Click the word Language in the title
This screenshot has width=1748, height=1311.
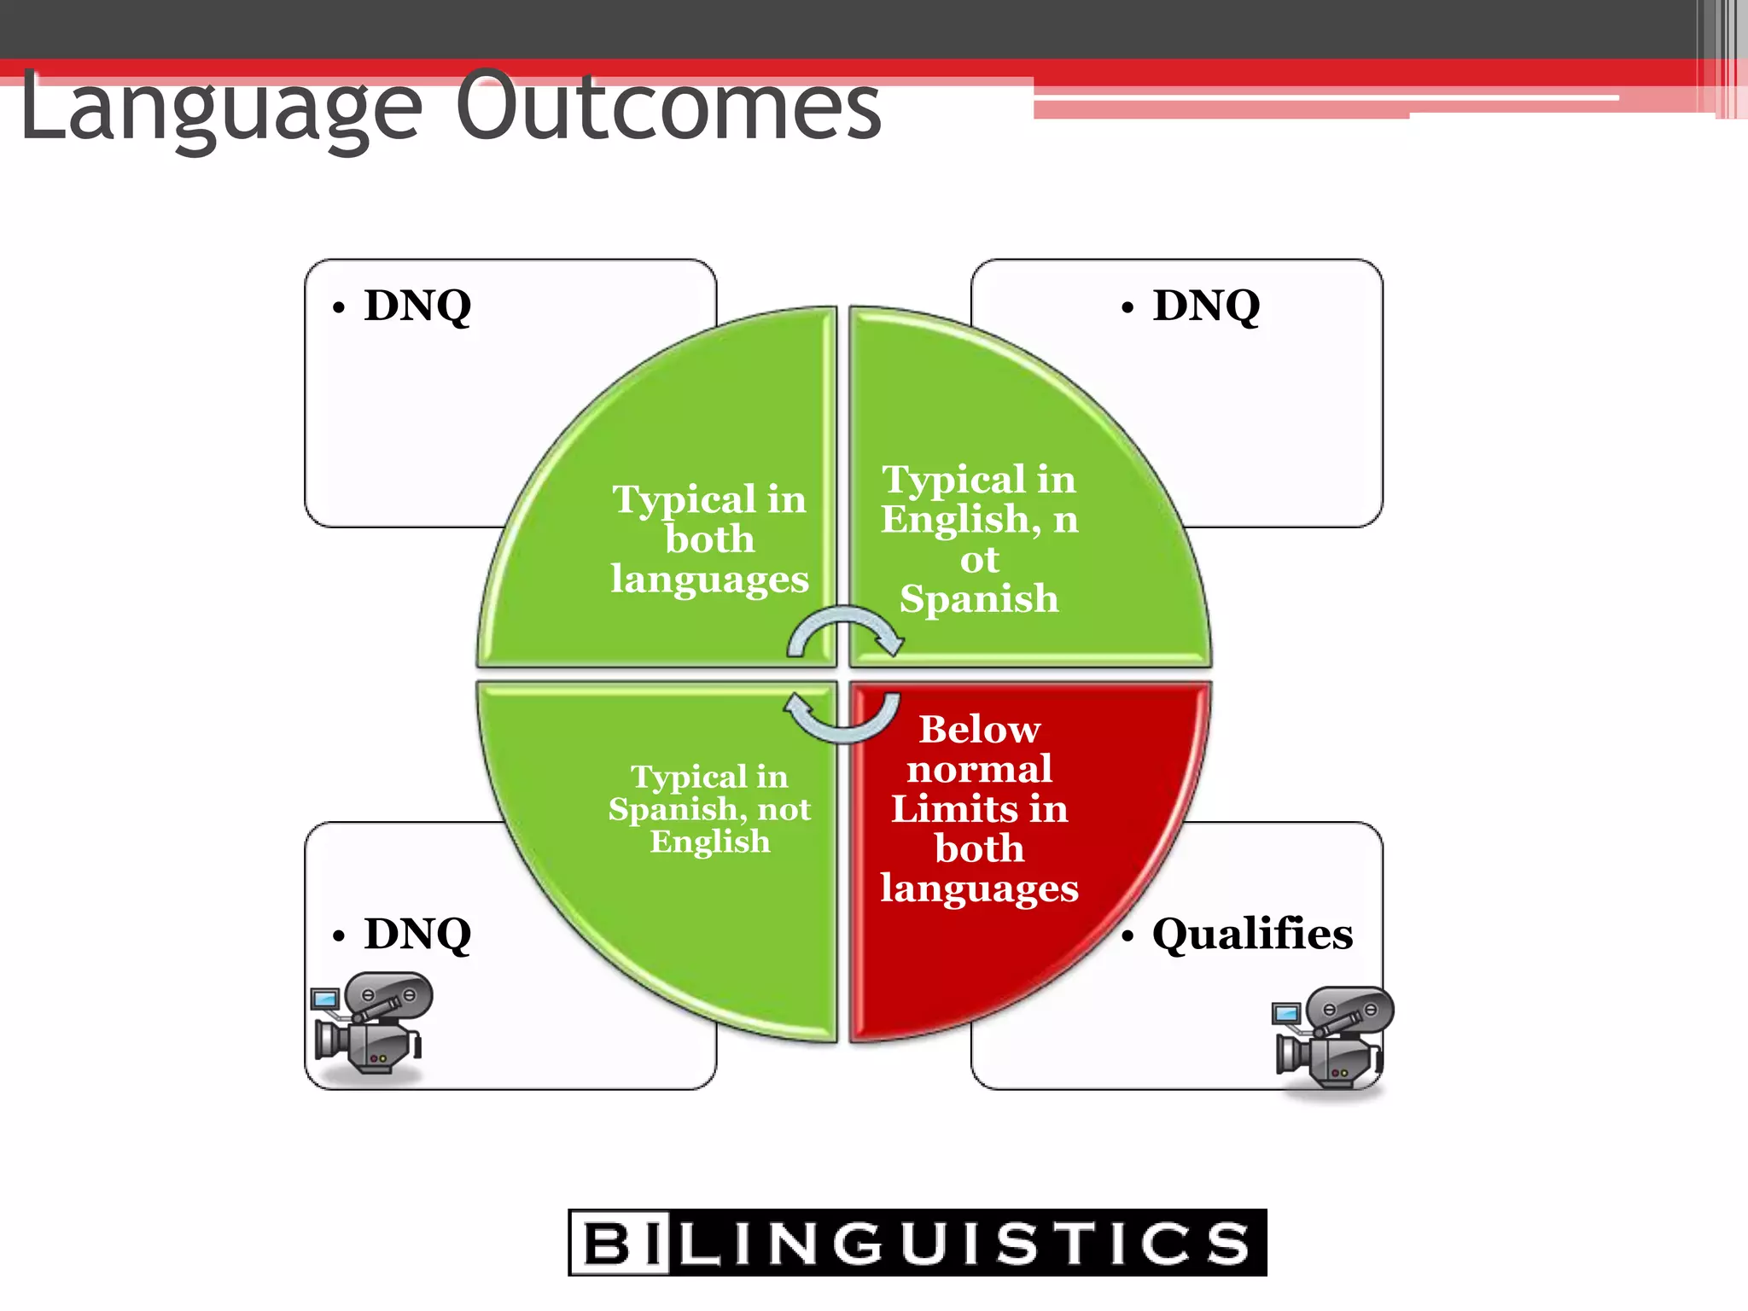point(220,109)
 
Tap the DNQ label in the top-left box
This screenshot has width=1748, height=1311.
point(417,306)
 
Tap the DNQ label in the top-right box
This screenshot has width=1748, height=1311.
point(1206,306)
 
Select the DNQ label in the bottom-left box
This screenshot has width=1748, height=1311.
point(417,934)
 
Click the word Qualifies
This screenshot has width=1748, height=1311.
point(1252,934)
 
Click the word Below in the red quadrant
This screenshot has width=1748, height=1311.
point(980,730)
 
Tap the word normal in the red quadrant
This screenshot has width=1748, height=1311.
point(979,769)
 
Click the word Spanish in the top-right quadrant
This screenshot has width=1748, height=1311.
point(979,598)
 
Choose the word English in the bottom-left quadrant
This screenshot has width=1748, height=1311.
point(710,842)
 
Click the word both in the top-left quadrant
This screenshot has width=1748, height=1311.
point(710,539)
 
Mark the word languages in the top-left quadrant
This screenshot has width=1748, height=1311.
point(710,580)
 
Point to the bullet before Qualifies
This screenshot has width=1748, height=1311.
point(1128,936)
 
